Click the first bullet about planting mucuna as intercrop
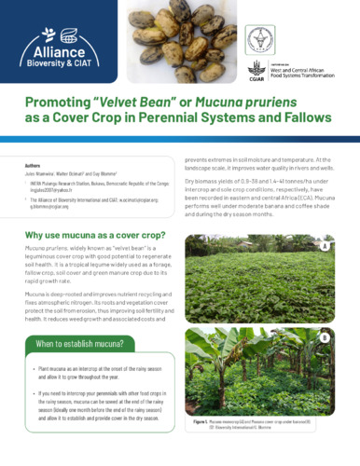[x=101, y=377]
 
